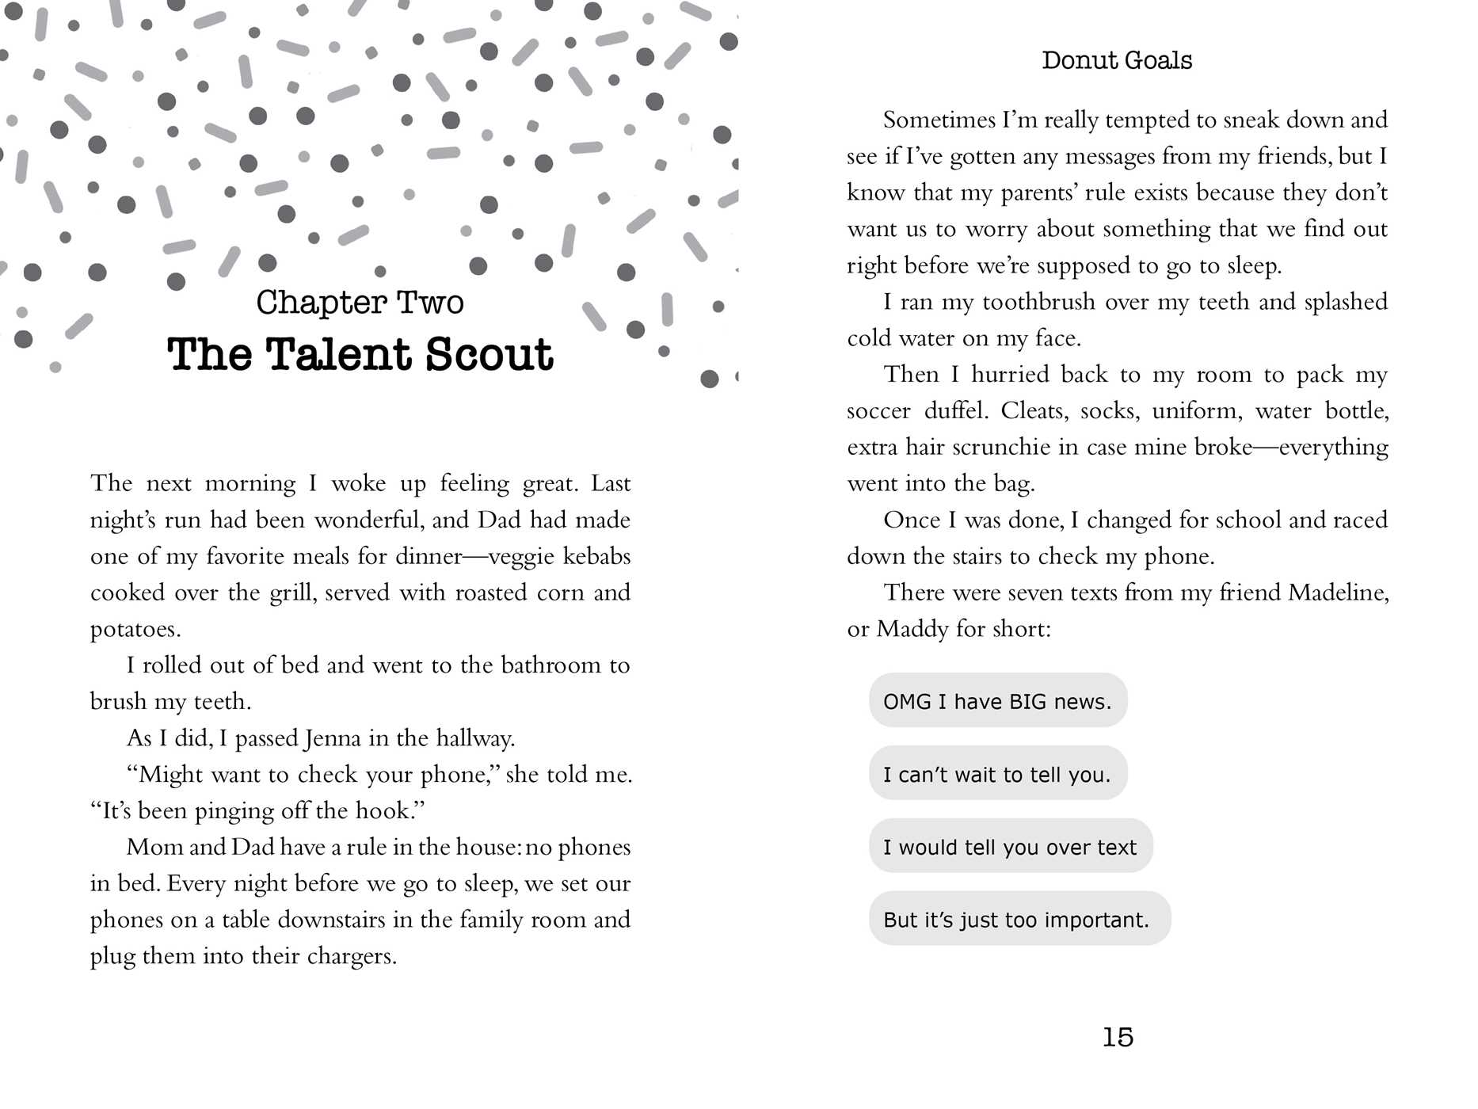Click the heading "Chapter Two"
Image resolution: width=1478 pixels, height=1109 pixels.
(360, 303)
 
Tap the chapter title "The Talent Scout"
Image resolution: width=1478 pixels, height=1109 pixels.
(360, 354)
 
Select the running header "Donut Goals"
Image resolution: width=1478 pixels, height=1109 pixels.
(1117, 60)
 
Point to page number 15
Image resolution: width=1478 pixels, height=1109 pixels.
(1118, 1037)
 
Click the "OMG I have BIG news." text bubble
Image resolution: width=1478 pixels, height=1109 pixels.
(997, 701)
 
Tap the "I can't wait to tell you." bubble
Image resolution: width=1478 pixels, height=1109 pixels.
(997, 774)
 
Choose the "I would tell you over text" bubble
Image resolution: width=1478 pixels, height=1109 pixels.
(1010, 847)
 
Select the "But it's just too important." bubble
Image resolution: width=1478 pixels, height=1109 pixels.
(1019, 920)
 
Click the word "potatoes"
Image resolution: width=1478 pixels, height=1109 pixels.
(135, 630)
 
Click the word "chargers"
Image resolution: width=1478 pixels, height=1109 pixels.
(351, 956)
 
